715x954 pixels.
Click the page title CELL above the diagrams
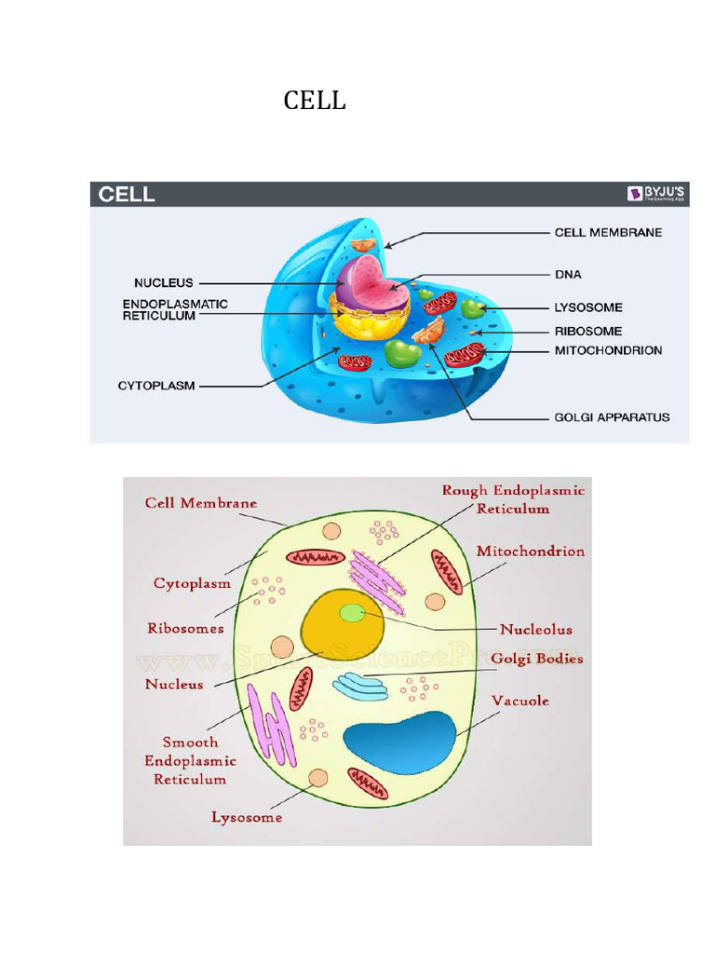[315, 101]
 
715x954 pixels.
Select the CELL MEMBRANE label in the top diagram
[608, 232]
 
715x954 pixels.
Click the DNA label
[568, 275]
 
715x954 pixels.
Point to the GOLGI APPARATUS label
[612, 417]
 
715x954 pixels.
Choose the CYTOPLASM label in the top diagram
[156, 385]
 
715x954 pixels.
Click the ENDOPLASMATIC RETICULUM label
[175, 310]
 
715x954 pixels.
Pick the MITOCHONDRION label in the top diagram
[608, 351]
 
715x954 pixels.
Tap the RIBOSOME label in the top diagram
[588, 331]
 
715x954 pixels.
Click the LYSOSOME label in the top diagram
[588, 307]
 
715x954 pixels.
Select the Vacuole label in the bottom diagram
[519, 701]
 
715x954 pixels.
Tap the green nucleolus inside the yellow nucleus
[352, 612]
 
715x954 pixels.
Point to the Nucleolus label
[535, 630]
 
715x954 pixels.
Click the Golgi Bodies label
[537, 659]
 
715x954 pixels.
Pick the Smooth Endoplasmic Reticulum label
[190, 760]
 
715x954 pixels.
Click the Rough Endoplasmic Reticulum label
[513, 499]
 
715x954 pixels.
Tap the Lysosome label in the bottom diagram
[247, 818]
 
